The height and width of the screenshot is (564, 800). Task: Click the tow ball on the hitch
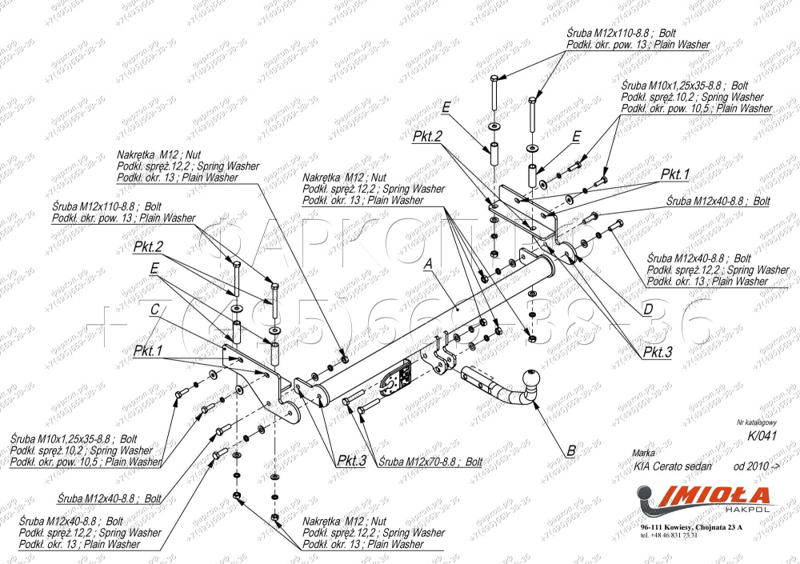point(531,379)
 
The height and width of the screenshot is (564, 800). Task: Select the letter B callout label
point(571,450)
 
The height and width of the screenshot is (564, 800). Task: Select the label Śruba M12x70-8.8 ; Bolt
point(430,462)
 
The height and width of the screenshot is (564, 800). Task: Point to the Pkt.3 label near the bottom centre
point(351,461)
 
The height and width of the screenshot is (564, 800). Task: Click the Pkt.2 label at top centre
point(427,137)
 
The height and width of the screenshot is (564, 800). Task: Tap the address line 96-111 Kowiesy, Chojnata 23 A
point(691,528)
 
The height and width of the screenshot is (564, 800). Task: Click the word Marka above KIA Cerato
point(644,452)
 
